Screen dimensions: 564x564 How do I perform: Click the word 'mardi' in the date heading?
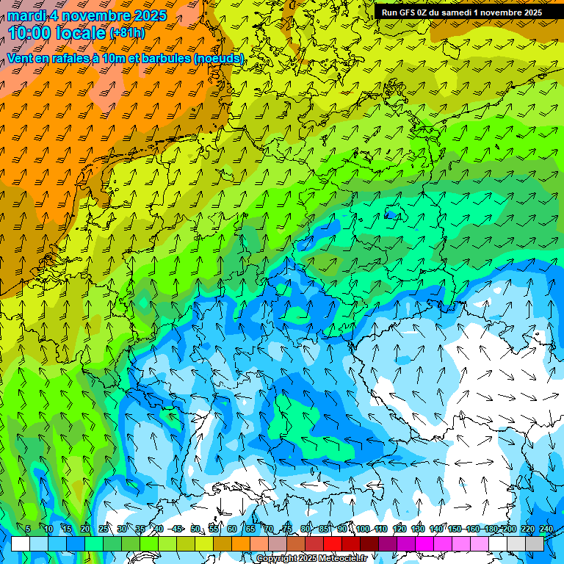pyautogui.click(x=27, y=15)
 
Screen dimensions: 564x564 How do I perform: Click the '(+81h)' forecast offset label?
pyautogui.click(x=127, y=33)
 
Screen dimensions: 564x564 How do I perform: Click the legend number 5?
pyautogui.click(x=28, y=529)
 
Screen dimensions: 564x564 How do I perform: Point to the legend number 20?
pyautogui.click(x=85, y=529)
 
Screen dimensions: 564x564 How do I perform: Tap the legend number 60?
pyautogui.click(x=232, y=529)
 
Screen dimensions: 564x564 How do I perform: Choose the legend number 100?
pyautogui.click(x=363, y=529)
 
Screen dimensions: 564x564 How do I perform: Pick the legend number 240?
pyautogui.click(x=546, y=529)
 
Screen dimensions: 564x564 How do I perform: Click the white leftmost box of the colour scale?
pyautogui.click(x=21, y=543)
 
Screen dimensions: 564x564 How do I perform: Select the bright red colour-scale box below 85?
pyautogui.click(x=333, y=543)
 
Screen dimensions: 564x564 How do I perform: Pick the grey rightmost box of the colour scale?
pyautogui.click(x=535, y=543)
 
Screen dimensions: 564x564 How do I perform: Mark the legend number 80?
pyautogui.click(x=305, y=529)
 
